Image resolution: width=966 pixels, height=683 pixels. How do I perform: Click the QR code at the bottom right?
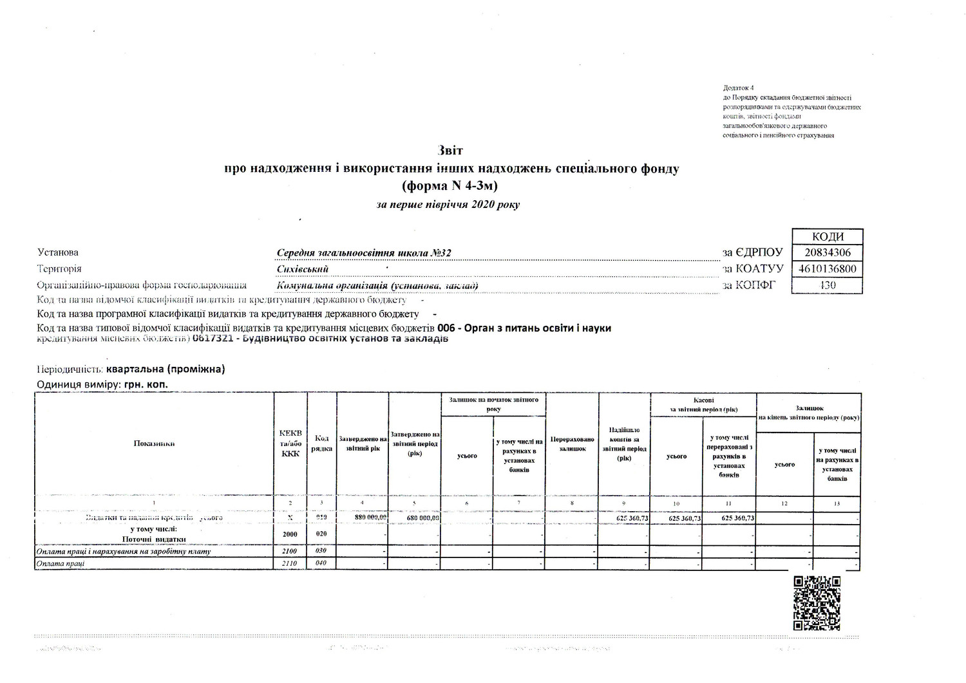coord(817,603)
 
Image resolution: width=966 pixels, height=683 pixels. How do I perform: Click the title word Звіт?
coord(450,151)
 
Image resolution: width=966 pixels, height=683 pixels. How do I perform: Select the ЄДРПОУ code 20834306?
coord(827,253)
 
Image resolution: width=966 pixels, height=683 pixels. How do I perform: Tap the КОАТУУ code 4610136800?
coord(827,269)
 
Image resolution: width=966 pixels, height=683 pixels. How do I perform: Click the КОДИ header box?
coord(827,236)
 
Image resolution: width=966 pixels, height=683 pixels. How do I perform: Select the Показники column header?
coord(155,443)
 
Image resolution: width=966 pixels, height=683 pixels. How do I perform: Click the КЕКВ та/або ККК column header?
coord(290,443)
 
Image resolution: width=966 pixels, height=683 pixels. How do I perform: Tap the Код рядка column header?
coord(322,443)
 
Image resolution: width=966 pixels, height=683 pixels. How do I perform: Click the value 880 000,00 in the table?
coord(370,518)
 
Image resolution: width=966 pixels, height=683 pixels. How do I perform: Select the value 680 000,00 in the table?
coord(423,518)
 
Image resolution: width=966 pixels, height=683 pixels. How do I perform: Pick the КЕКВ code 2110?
coord(290,564)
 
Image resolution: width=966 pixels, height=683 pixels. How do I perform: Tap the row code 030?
coord(321,551)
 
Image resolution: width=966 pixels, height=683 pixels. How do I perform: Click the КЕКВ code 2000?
coord(290,534)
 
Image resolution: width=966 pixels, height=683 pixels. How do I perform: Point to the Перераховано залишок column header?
coord(572,444)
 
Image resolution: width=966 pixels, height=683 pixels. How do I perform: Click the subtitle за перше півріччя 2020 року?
coord(448,205)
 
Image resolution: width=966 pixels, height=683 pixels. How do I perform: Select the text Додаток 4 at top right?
coord(738,88)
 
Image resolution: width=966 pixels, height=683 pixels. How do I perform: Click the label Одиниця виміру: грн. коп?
coord(103,384)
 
